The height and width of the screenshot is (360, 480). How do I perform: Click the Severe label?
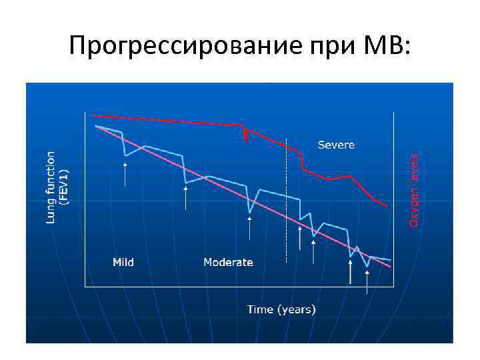[336, 145]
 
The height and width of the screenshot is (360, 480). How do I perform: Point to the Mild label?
[123, 262]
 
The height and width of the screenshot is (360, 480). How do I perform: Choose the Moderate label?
[228, 262]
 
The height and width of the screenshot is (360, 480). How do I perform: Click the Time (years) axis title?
[281, 309]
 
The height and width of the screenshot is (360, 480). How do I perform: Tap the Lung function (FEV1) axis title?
[57, 187]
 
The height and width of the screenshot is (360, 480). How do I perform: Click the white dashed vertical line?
[286, 200]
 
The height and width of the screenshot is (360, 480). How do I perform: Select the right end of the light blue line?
[390, 259]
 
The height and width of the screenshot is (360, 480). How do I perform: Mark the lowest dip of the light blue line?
[367, 267]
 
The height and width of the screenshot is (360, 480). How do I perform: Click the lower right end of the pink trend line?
[391, 268]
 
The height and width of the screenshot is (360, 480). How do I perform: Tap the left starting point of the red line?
[92, 115]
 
